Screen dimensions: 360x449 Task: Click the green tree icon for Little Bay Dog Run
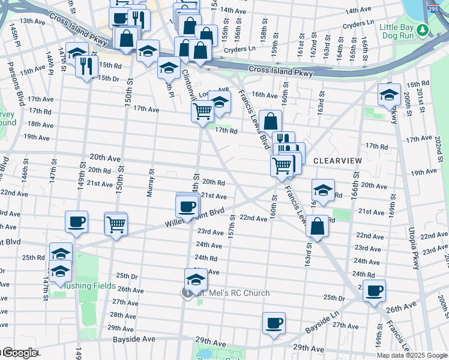click(x=423, y=29)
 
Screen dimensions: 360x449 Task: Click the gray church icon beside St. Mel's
click(x=187, y=293)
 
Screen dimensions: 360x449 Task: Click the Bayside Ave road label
click(x=133, y=340)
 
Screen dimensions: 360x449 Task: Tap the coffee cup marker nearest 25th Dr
click(x=375, y=291)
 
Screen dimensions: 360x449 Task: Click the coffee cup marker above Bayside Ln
click(x=274, y=323)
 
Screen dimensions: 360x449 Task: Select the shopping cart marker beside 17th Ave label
click(x=203, y=110)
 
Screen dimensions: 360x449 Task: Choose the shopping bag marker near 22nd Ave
click(x=317, y=227)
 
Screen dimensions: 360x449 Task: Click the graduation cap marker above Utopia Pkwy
click(x=389, y=95)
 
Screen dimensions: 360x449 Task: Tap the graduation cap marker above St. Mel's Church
click(x=196, y=280)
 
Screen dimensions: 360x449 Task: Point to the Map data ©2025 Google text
click(x=411, y=355)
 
